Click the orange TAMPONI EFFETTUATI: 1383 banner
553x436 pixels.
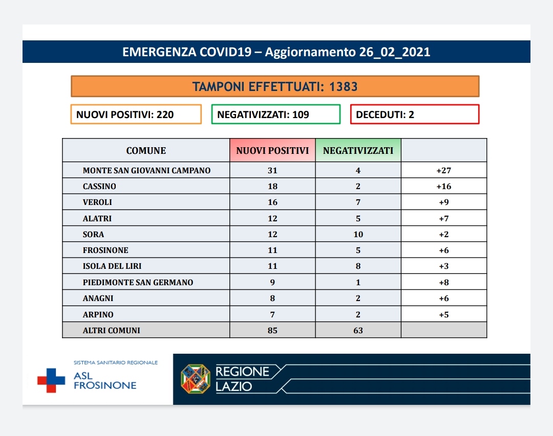(x=275, y=86)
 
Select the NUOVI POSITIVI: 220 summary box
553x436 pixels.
(x=136, y=114)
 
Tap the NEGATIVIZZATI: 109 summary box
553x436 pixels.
(x=276, y=114)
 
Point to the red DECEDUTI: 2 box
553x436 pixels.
(x=415, y=114)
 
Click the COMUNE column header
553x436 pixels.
(x=146, y=150)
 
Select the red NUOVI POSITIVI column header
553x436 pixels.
(x=272, y=150)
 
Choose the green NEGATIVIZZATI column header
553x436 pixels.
(x=358, y=150)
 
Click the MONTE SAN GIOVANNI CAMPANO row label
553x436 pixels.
(x=147, y=170)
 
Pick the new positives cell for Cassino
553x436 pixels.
(x=272, y=186)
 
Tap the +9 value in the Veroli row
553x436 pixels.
(x=444, y=202)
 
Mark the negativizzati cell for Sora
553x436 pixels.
(x=358, y=234)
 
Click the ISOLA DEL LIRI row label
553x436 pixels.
(x=112, y=266)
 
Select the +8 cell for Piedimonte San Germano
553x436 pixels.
(x=444, y=282)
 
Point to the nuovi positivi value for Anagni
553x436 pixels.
(x=272, y=299)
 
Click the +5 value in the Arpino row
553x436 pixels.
(x=444, y=314)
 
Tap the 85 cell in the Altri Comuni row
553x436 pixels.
(x=272, y=330)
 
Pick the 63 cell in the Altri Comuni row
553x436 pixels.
(x=358, y=330)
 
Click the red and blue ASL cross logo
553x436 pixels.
(x=52, y=380)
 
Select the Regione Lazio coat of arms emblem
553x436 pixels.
(x=196, y=379)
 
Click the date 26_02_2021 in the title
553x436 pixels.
(x=395, y=52)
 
